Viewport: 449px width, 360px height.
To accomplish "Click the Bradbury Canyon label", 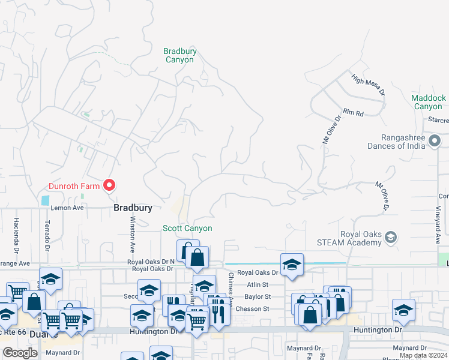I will click(180, 56).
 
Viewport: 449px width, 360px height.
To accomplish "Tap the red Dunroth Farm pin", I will click(109, 185).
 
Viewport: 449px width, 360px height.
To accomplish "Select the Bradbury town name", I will click(132, 208).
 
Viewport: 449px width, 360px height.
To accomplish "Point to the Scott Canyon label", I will click(187, 228).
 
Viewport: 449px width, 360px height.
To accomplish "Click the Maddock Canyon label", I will click(429, 102).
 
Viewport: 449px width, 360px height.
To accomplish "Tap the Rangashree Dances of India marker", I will click(436, 142).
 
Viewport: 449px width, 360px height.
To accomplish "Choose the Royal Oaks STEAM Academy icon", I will click(391, 238).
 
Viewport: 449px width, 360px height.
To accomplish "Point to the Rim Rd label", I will click(354, 112).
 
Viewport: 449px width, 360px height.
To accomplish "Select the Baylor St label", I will click(258, 296).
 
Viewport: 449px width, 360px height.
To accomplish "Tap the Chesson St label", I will click(257, 308).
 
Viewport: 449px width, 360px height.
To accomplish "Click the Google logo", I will click(20, 353).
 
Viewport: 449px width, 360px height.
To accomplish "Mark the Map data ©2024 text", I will click(423, 355).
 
